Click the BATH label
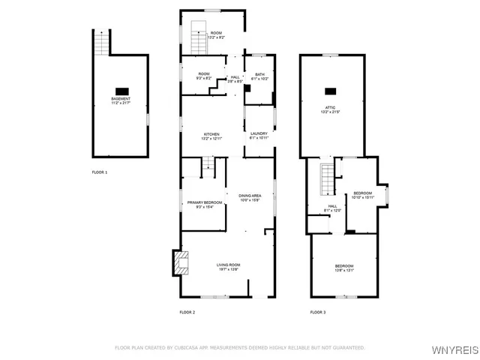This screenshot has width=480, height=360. (x=259, y=76)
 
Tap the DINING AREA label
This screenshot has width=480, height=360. (x=250, y=197)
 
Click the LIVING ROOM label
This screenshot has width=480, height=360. (x=228, y=267)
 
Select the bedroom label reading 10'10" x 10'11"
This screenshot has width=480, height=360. (x=363, y=194)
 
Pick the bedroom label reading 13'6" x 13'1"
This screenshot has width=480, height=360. (x=344, y=268)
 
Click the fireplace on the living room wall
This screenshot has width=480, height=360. (x=180, y=262)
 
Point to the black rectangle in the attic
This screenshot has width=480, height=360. (x=330, y=91)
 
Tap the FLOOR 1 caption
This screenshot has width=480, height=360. (x=100, y=172)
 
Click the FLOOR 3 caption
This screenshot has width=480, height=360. (x=318, y=312)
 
